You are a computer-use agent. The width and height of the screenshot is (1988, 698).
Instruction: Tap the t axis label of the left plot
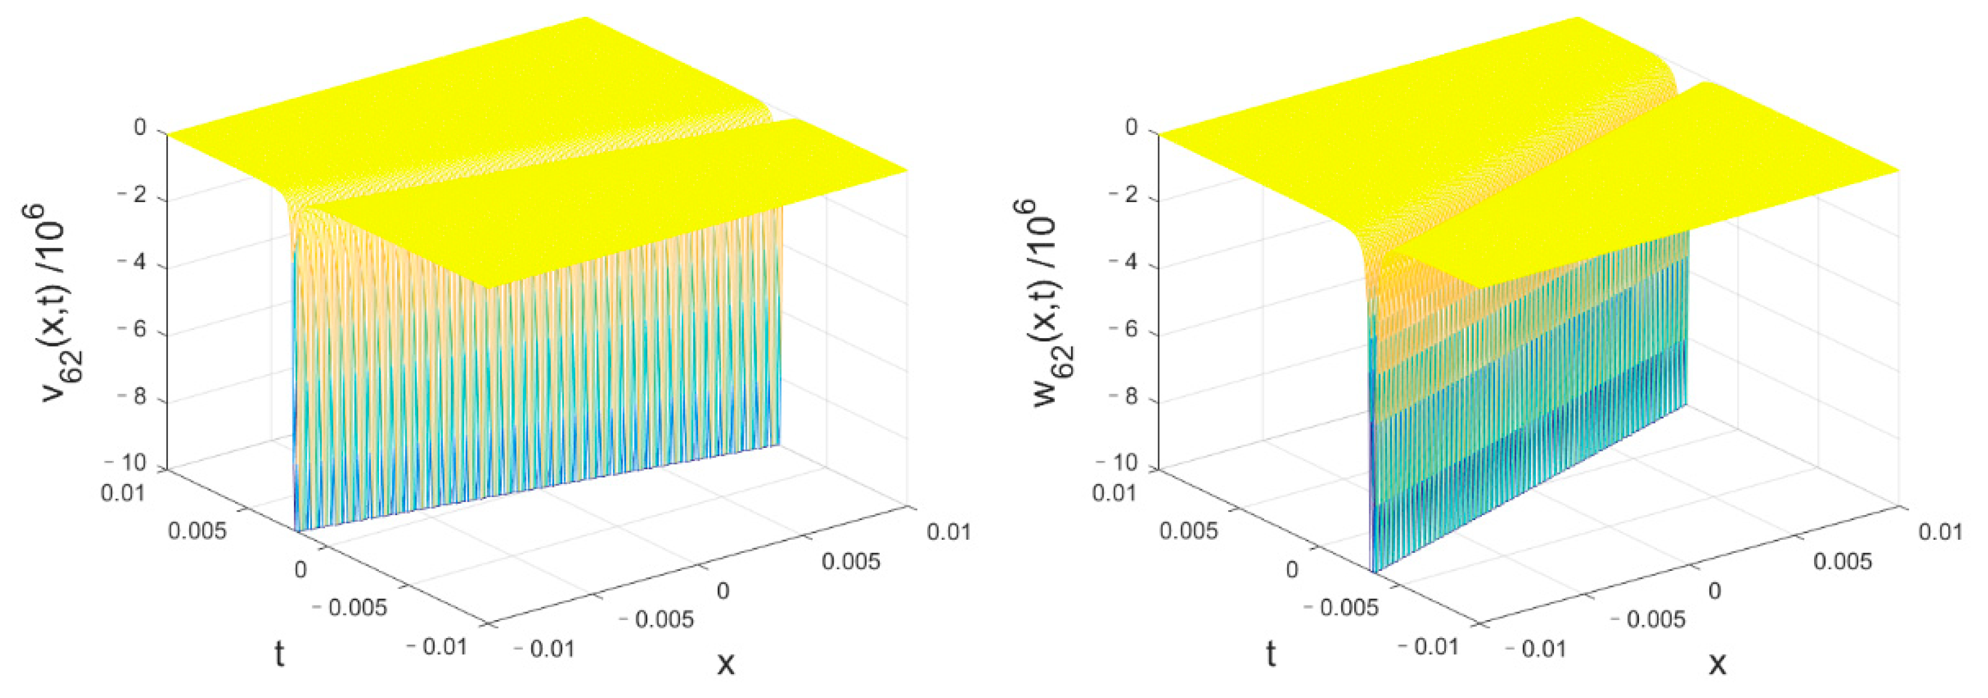[x=279, y=654]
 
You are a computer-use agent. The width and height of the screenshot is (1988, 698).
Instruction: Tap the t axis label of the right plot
[x=1270, y=654]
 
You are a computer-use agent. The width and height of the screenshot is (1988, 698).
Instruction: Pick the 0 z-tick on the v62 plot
[x=140, y=127]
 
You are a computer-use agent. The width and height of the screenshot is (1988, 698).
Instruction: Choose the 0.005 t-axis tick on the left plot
[x=197, y=531]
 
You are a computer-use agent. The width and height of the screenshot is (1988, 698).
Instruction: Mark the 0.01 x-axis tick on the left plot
[x=949, y=532]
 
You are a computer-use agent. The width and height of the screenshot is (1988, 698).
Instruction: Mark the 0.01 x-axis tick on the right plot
[x=1940, y=532]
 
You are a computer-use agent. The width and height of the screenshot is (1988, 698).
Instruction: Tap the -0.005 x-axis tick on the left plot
[x=657, y=619]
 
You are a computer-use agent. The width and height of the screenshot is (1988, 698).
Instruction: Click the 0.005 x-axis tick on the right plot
[x=1842, y=561]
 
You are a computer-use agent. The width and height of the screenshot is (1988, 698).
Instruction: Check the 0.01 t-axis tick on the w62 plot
[x=1114, y=492]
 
